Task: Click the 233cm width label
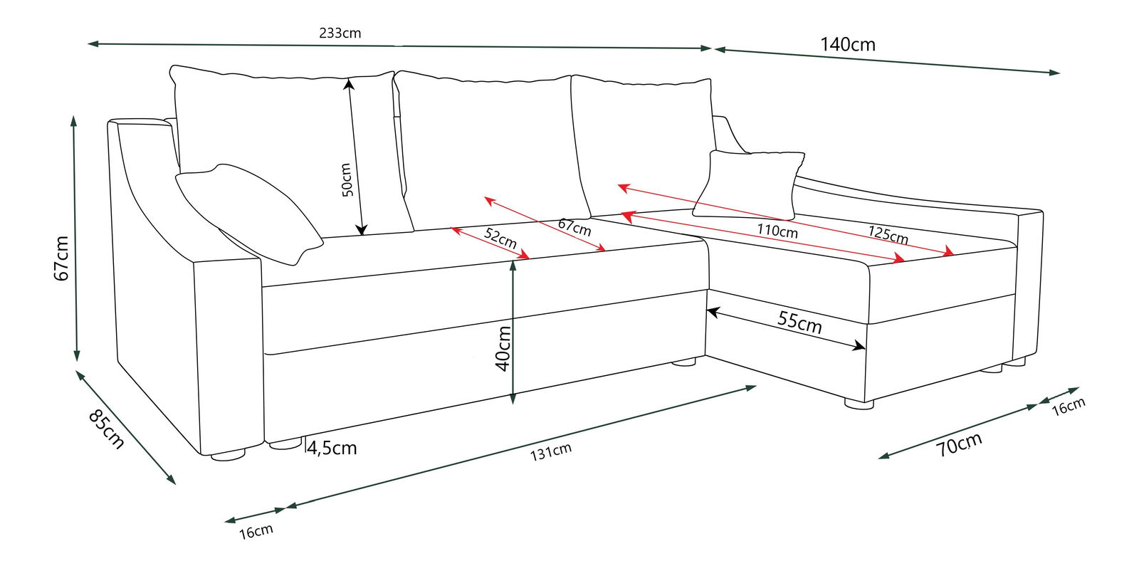pyautogui.click(x=340, y=33)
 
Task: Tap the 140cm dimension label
pyautogui.click(x=847, y=45)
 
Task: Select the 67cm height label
pyautogui.click(x=62, y=258)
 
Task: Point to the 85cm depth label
pyautogui.click(x=106, y=429)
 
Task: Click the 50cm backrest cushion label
pyautogui.click(x=346, y=179)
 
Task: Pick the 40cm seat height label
pyautogui.click(x=503, y=348)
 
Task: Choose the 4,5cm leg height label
pyautogui.click(x=332, y=448)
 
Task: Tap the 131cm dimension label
pyautogui.click(x=550, y=451)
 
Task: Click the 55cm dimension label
pyautogui.click(x=799, y=322)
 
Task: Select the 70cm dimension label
pyautogui.click(x=959, y=444)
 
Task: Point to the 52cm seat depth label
pyautogui.click(x=500, y=237)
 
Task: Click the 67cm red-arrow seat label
pyautogui.click(x=574, y=227)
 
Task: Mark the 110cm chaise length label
pyautogui.click(x=777, y=231)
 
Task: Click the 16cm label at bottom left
pyautogui.click(x=256, y=531)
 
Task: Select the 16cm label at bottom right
pyautogui.click(x=1068, y=406)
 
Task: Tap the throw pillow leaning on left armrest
pyautogui.click(x=249, y=213)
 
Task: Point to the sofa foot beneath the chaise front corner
pyautogui.click(x=859, y=404)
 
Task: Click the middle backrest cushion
pyautogui.click(x=491, y=150)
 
